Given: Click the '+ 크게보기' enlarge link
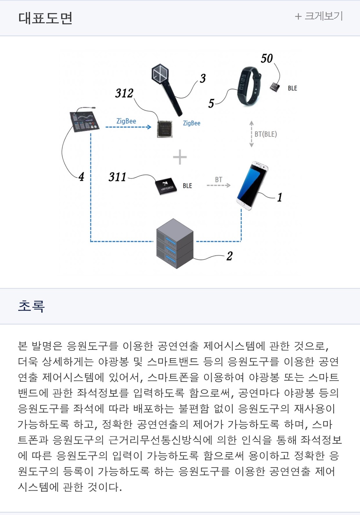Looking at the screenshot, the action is pyautogui.click(x=319, y=16).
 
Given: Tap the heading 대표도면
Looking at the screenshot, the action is pyautogui.click(x=45, y=18).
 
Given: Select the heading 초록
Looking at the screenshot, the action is pyautogui.click(x=31, y=306).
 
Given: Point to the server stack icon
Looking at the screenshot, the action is pyautogui.click(x=175, y=243).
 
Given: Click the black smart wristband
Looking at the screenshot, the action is pyautogui.click(x=248, y=86).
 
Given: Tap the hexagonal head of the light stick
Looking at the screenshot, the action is pyautogui.click(x=160, y=74).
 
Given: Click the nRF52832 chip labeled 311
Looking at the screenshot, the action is pyautogui.click(x=166, y=186).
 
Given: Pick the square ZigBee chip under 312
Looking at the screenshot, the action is pyautogui.click(x=165, y=129).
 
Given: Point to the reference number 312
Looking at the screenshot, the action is pyautogui.click(x=124, y=93).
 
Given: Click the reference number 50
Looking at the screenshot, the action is pyautogui.click(x=267, y=59).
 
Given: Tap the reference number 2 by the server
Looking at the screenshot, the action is pyautogui.click(x=229, y=256).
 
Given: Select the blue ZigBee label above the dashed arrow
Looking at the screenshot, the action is pyautogui.click(x=126, y=121).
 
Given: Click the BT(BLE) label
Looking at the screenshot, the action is pyautogui.click(x=266, y=134).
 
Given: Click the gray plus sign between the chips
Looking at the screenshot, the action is pyautogui.click(x=180, y=157).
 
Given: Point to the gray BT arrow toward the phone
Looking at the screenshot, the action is pyautogui.click(x=219, y=185).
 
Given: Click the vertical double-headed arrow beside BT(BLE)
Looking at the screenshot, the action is pyautogui.click(x=251, y=134).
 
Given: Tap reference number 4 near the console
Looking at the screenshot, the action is pyautogui.click(x=81, y=176).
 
